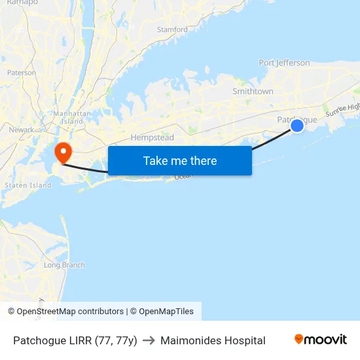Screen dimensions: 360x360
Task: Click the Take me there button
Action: coord(180,160)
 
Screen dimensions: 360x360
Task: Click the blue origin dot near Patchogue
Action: coord(297,125)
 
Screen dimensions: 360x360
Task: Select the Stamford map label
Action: coord(172,29)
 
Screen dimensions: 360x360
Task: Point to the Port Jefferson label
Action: coord(284,63)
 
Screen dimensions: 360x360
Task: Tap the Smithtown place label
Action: coord(253,92)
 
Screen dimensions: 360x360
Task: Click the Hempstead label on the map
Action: coord(152,137)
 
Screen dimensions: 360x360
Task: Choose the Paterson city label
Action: coord(22,73)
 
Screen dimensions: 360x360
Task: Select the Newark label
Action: coord(21,130)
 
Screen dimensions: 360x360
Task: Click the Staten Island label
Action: coord(27,185)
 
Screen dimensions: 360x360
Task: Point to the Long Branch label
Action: coord(64,265)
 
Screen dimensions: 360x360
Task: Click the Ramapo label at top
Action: coord(22,3)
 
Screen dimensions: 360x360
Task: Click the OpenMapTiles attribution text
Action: coord(166,312)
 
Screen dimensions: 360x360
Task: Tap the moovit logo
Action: coord(321,340)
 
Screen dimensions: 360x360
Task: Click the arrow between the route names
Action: coord(149,340)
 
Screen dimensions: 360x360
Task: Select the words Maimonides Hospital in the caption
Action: coord(213,340)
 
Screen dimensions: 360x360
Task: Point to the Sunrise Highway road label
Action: coord(343,107)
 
